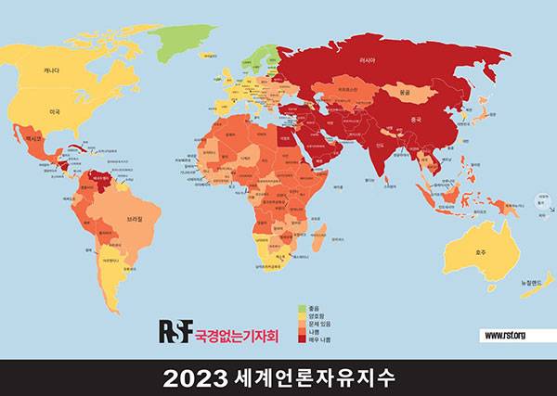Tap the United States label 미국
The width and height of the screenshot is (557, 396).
coord(55,111)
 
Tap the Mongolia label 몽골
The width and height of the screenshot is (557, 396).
coord(403,93)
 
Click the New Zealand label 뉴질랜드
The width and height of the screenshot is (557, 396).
coord(530,281)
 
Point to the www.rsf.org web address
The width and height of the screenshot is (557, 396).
coord(505,334)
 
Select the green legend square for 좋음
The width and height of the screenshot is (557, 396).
coord(302,307)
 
